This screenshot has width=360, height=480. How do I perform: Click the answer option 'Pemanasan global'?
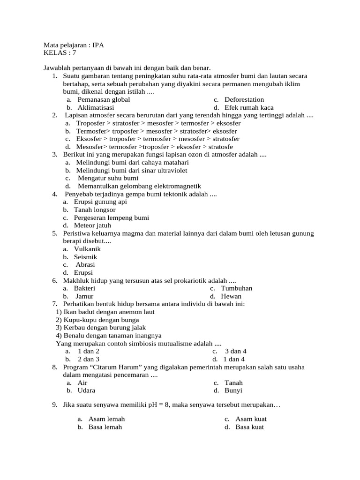click(x=104, y=99)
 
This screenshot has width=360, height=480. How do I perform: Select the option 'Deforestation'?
click(x=244, y=99)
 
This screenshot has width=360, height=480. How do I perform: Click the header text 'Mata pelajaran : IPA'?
click(x=74, y=45)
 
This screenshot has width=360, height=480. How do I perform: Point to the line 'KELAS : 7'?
click(x=60, y=53)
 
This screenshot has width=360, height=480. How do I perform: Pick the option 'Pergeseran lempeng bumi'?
click(x=112, y=218)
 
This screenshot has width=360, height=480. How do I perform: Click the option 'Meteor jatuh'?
click(x=92, y=225)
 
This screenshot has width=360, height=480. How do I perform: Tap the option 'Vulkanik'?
click(x=87, y=249)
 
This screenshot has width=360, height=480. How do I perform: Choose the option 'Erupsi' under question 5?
click(x=83, y=272)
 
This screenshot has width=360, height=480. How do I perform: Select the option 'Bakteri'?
click(x=84, y=288)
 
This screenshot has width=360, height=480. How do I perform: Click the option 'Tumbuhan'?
click(x=237, y=288)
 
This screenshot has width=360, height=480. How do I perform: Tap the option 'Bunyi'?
click(x=233, y=390)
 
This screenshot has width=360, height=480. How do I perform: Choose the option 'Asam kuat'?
click(x=251, y=419)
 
